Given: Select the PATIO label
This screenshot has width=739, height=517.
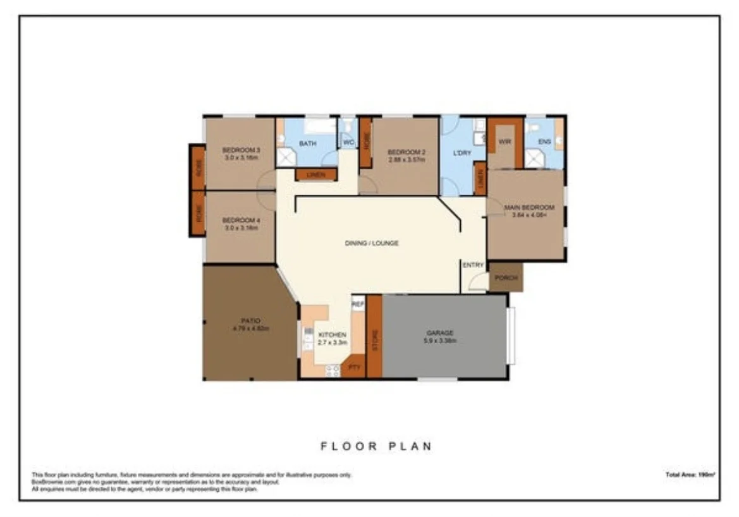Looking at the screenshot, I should point(251,321).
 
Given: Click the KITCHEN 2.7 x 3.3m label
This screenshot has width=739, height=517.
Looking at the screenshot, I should point(332,338).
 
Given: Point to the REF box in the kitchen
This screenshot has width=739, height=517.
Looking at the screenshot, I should point(358,304).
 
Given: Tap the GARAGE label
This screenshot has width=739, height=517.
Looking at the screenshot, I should point(439,333).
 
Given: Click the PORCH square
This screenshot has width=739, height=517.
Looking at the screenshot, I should point(506,278).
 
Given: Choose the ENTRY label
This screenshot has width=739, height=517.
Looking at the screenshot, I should point(473,265).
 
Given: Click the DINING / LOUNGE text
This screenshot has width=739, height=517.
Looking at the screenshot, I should point(372,243).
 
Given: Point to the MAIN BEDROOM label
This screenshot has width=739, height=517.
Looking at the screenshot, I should point(528,207).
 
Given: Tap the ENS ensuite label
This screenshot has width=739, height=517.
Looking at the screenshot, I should point(544,142).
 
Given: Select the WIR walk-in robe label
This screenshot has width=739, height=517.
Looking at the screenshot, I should point(504,142).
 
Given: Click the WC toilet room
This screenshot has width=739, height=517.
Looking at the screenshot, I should point(348,143).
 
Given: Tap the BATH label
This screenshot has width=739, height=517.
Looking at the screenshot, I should point(307,143).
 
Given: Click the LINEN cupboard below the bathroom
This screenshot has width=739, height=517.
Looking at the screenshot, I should point(316,174).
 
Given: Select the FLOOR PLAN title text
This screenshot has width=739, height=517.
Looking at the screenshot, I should point(376,446).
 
